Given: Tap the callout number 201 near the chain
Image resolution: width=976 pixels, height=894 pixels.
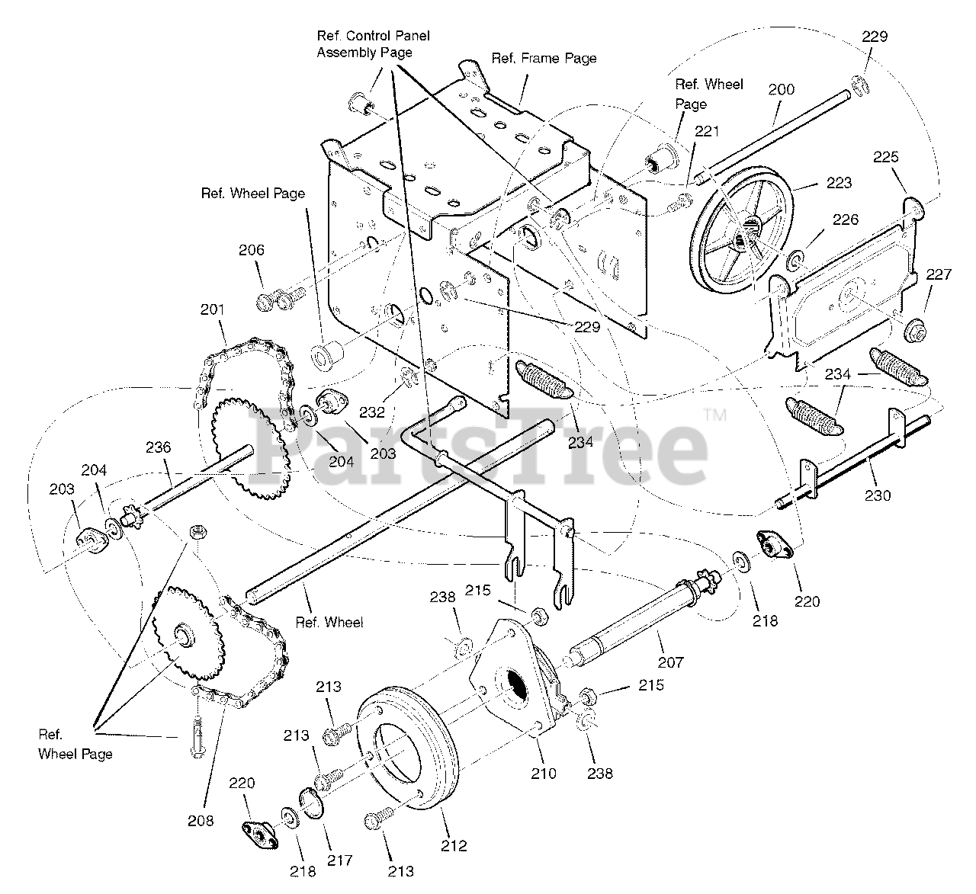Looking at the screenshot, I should click(213, 309).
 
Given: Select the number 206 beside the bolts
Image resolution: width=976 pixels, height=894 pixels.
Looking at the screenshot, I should click(252, 250).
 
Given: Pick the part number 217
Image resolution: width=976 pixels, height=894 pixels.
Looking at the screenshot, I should click(340, 860).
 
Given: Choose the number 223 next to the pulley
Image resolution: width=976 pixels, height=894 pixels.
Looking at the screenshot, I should click(838, 183).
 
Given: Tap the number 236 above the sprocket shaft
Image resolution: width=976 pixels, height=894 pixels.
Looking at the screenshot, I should click(159, 447).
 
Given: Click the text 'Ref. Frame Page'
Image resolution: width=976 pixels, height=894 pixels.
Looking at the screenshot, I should click(544, 58).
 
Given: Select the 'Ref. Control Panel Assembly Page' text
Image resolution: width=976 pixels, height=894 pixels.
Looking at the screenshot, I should click(374, 44).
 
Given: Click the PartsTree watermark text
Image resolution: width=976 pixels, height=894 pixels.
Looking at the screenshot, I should click(480, 450).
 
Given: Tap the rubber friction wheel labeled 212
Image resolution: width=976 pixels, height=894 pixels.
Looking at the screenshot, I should click(404, 751).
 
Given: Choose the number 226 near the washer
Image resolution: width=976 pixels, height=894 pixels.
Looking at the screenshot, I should click(845, 220).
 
